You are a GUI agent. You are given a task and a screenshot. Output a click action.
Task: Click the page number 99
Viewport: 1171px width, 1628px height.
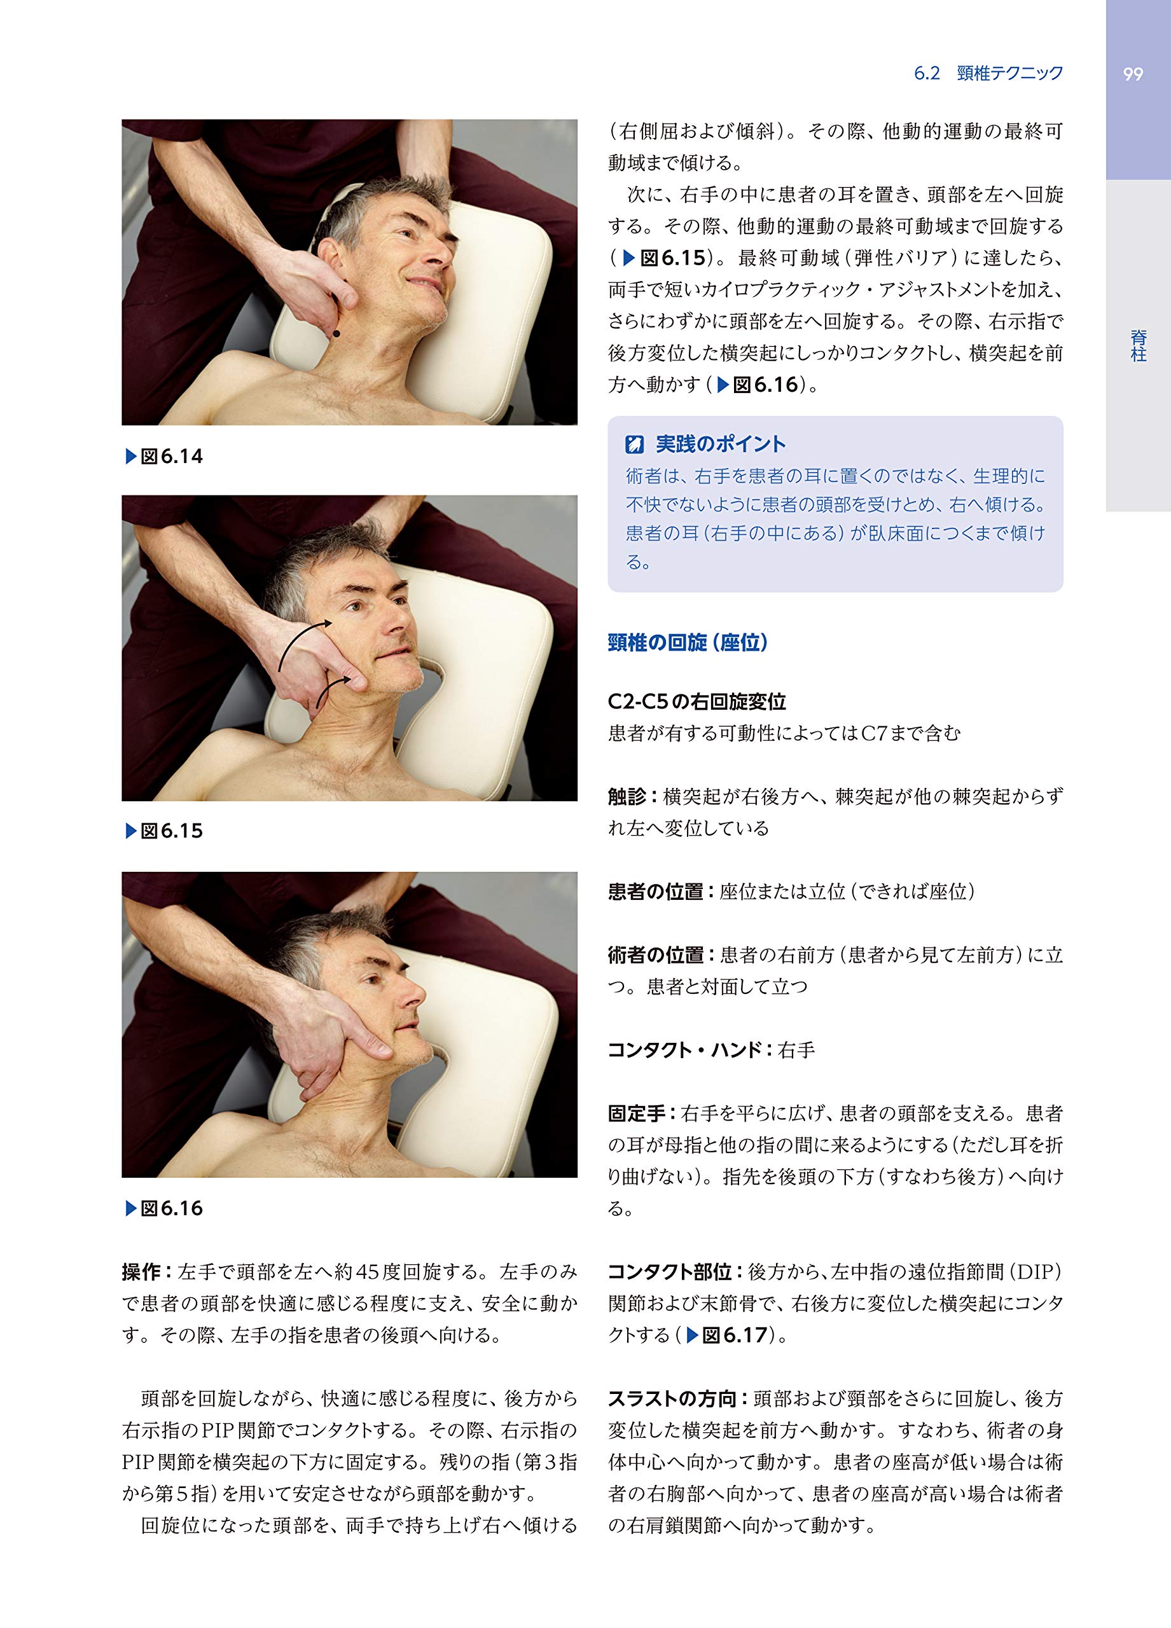(x=1132, y=74)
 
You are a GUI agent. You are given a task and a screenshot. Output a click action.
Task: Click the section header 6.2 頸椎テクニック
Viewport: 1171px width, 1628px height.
(x=988, y=73)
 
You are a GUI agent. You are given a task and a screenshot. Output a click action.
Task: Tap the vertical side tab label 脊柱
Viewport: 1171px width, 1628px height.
(x=1138, y=346)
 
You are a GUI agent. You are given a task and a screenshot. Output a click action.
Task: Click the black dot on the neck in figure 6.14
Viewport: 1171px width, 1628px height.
(x=336, y=333)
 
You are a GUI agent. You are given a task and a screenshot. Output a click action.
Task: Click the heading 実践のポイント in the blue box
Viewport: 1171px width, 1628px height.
(x=720, y=445)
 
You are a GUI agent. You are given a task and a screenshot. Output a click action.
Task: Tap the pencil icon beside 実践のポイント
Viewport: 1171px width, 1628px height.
(x=634, y=445)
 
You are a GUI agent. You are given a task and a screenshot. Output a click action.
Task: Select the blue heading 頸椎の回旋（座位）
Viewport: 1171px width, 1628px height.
(x=688, y=642)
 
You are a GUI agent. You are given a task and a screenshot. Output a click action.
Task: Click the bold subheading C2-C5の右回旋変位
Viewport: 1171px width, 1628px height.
(x=696, y=701)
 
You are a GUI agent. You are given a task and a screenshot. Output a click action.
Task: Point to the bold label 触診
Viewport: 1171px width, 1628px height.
(x=627, y=797)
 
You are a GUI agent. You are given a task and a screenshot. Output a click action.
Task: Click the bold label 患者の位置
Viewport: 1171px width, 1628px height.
(x=655, y=892)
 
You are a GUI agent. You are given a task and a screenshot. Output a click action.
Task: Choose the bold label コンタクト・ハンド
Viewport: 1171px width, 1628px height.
(x=684, y=1050)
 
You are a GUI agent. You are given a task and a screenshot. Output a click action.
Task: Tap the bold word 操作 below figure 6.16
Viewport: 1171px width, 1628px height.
(x=141, y=1273)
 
